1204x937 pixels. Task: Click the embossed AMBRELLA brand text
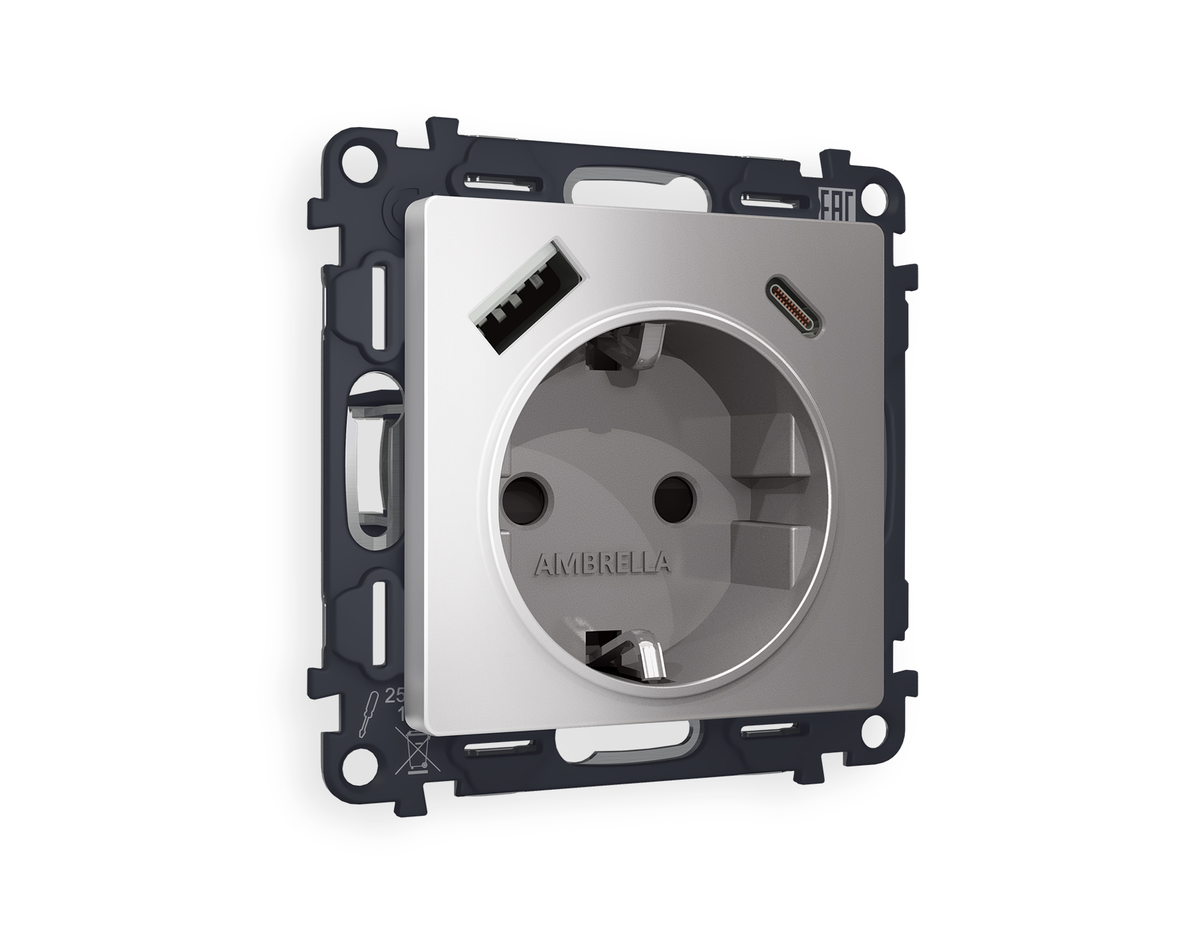point(602,564)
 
